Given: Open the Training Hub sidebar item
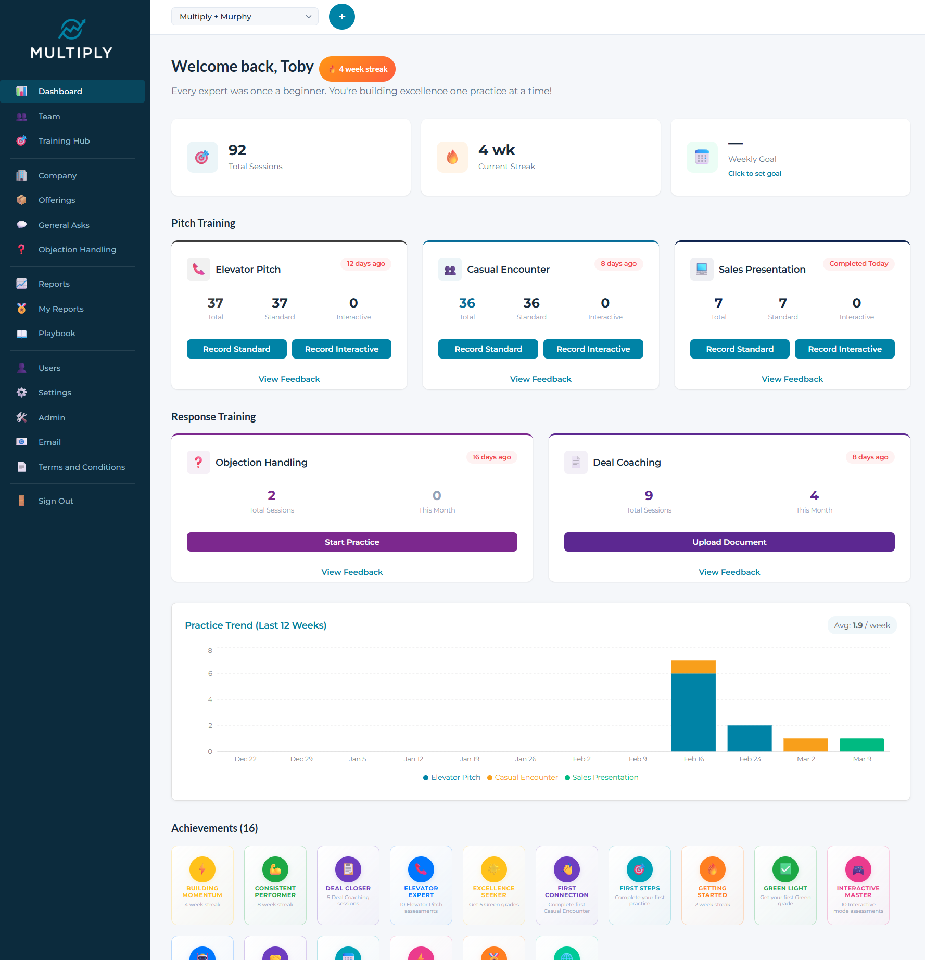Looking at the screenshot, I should [x=64, y=141].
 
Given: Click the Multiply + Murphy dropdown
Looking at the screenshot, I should [x=245, y=17].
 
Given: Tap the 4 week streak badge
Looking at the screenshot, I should [x=358, y=69].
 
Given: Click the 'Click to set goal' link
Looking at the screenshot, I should [x=754, y=174].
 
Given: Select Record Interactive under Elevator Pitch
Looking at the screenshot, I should [x=341, y=349].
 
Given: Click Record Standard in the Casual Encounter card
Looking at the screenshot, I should [x=488, y=349].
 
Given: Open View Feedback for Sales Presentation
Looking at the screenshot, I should [x=792, y=379].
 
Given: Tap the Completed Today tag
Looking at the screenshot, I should [x=858, y=264].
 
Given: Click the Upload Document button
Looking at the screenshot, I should [x=729, y=542].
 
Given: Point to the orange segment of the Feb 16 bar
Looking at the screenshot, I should [x=693, y=667].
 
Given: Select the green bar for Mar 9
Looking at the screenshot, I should [x=861, y=745].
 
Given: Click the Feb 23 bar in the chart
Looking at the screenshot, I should [x=749, y=738].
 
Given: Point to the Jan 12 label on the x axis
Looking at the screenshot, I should [x=413, y=759].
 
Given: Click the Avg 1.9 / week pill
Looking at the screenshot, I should [x=861, y=625].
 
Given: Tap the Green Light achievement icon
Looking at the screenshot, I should [x=785, y=869].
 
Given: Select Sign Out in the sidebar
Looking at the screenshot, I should [x=56, y=501].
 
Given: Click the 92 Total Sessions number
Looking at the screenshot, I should [x=237, y=150].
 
